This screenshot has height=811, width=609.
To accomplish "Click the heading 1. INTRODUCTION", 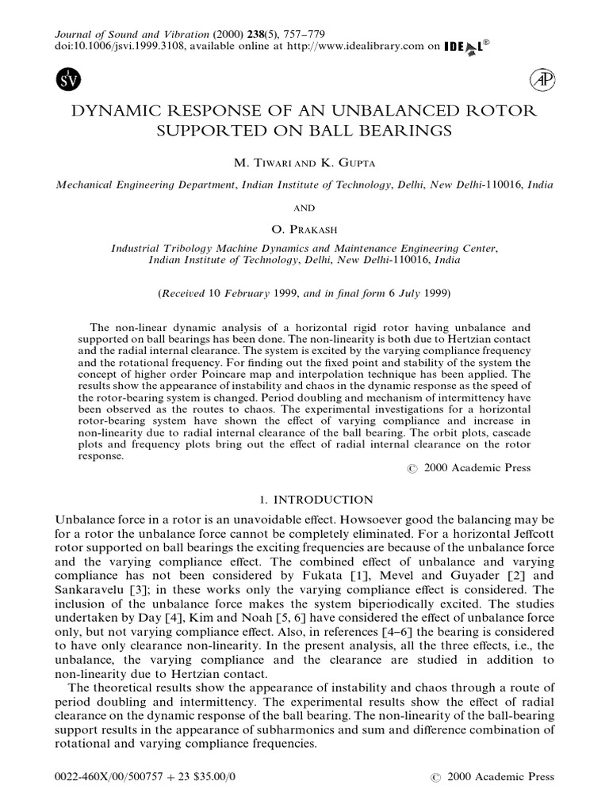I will tap(304, 500).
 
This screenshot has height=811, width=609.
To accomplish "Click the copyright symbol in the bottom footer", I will tap(434, 778).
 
